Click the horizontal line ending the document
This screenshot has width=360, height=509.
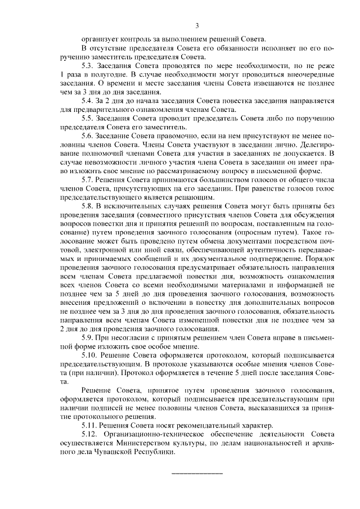(x=196, y=473)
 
